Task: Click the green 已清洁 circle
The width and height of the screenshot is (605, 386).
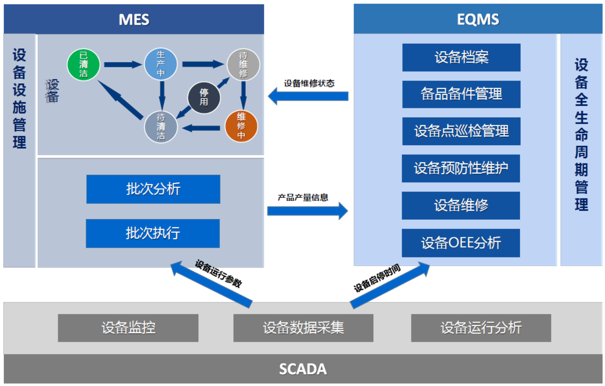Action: (x=83, y=65)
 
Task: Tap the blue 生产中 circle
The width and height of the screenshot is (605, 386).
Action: (x=161, y=64)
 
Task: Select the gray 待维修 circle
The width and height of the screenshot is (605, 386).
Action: (x=243, y=65)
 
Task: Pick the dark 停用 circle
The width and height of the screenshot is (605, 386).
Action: (x=204, y=97)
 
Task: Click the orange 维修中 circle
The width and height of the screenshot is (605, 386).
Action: (x=241, y=126)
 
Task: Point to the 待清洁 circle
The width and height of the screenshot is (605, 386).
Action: (x=161, y=127)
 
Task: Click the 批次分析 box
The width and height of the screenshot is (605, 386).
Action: (x=153, y=189)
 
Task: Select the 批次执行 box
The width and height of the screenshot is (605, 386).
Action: (x=153, y=233)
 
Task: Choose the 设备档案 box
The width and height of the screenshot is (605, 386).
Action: (x=461, y=57)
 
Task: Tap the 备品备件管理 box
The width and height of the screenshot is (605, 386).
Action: (x=461, y=94)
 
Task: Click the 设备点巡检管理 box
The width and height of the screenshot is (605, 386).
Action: (x=461, y=131)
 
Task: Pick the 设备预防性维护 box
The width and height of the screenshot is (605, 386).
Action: (x=461, y=168)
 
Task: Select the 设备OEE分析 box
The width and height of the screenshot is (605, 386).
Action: (x=461, y=243)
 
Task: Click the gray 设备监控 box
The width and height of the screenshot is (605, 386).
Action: (x=128, y=327)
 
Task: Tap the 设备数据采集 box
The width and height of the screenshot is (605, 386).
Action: (x=303, y=327)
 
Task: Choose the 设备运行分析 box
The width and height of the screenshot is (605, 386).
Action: (x=481, y=327)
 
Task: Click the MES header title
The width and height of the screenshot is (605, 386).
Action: (x=134, y=20)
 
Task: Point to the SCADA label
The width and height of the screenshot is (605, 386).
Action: (x=303, y=369)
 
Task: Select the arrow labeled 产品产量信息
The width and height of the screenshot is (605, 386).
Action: (x=307, y=211)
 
